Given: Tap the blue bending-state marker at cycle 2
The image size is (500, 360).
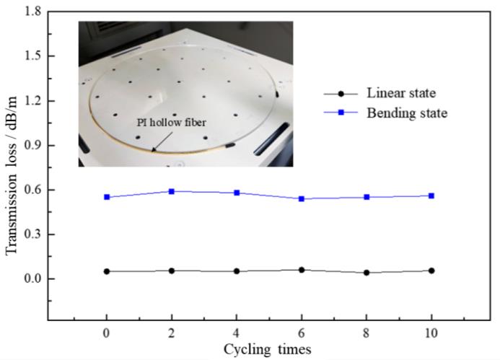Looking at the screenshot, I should (x=172, y=191).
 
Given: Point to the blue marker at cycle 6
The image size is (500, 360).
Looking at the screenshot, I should (x=302, y=198).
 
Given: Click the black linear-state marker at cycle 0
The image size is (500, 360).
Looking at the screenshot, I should (x=107, y=271).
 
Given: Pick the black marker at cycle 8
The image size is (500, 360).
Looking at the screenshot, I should (x=367, y=273).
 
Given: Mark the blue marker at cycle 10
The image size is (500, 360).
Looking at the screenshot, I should (x=431, y=196).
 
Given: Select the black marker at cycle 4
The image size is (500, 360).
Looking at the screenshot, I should (x=237, y=271).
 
